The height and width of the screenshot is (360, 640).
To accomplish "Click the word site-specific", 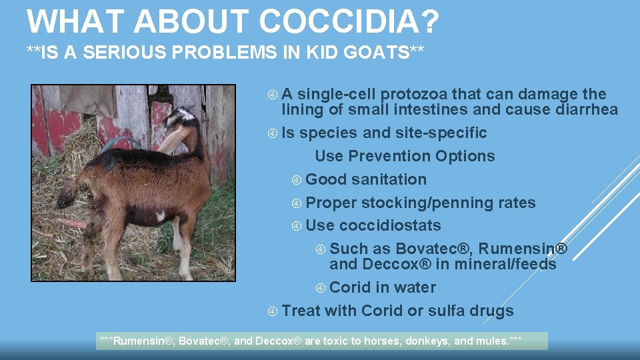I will [x=441, y=133].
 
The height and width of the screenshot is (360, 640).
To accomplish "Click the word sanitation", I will [x=389, y=180].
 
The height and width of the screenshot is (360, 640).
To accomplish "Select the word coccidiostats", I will [x=390, y=226].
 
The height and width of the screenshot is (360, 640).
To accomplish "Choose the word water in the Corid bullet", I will [x=415, y=288].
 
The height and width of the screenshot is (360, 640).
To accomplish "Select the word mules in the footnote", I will [x=491, y=341].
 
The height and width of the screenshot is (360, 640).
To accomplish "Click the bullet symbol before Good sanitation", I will [x=297, y=180].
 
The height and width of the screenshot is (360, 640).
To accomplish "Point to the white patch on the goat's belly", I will [x=160, y=216].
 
